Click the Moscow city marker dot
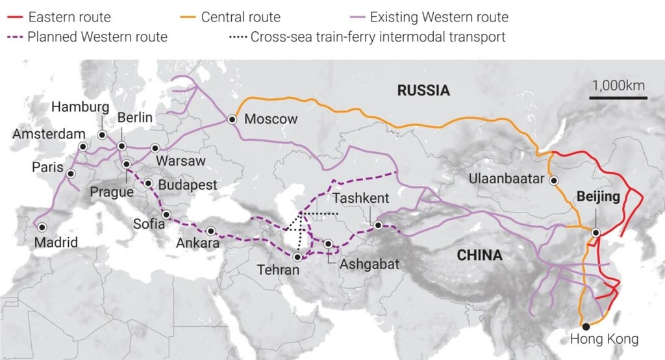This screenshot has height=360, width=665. pos(232,119)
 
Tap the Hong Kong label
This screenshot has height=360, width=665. pos(604,339)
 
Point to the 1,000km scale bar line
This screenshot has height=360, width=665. pos(618,98)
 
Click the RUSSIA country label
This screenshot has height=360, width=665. pos(423,90)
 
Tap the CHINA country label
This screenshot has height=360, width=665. pos(479,255)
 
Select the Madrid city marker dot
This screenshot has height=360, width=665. pos(42,227)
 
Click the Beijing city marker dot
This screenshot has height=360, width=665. pos(596,232)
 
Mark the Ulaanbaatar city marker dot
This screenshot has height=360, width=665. pos(553,181)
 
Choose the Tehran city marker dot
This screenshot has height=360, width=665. pos(297,257)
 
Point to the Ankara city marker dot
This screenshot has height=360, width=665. pos(211,231)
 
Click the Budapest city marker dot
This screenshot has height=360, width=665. pos(149,184)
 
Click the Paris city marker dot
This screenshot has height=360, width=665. pos(70,174)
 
